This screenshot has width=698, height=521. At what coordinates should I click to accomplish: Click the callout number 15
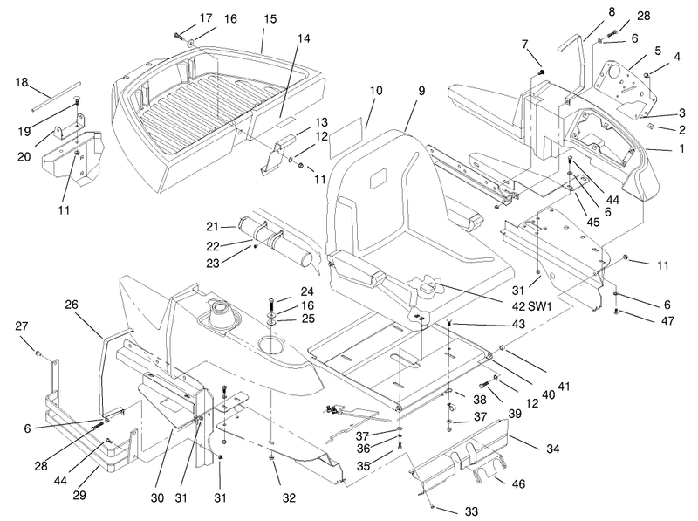pos(270,19)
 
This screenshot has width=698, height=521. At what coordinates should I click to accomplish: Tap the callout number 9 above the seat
pos(421,91)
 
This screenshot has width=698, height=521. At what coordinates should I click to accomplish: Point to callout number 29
pos(79,495)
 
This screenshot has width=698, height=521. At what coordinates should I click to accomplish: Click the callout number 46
pos(518,483)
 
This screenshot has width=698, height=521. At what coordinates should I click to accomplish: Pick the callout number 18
pos(21,82)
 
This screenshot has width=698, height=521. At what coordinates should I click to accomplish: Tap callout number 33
pos(471,511)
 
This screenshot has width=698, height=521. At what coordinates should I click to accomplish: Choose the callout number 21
pos(212,227)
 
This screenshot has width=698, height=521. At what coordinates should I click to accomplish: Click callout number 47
pos(667,320)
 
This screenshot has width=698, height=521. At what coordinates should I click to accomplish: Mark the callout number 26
pos(72,305)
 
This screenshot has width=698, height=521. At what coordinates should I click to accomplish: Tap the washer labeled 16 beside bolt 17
pos(191,42)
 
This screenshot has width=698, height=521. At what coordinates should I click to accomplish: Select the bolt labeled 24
pos(270,307)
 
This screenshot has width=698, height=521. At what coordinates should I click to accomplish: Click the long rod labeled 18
pos(56,95)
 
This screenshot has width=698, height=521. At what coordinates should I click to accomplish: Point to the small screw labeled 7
pos(541,72)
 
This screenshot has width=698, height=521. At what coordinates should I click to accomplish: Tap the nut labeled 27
pos(38,354)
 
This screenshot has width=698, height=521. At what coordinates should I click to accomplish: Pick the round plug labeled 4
pos(647,74)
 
